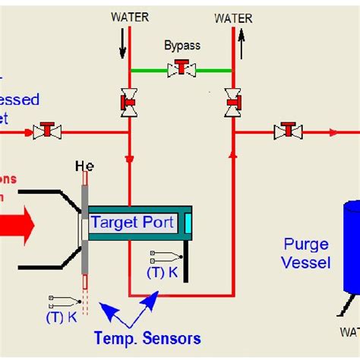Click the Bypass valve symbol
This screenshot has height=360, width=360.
pyautogui.click(x=182, y=70)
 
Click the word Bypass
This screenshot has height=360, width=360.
pyautogui.click(x=182, y=46)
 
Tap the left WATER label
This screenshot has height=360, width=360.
pyautogui.click(x=130, y=15)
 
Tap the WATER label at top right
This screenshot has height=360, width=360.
pyautogui.click(x=234, y=17)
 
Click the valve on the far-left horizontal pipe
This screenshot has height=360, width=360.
pyautogui.click(x=47, y=131)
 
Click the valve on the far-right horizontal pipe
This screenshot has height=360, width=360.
pyautogui.click(x=288, y=131)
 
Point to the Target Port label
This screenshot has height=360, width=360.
pyautogui.click(x=134, y=223)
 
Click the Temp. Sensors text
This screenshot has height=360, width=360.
pyautogui.click(x=147, y=338)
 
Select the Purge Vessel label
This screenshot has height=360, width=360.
pyautogui.click(x=306, y=254)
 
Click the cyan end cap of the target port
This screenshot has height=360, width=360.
pyautogui.click(x=187, y=223)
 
